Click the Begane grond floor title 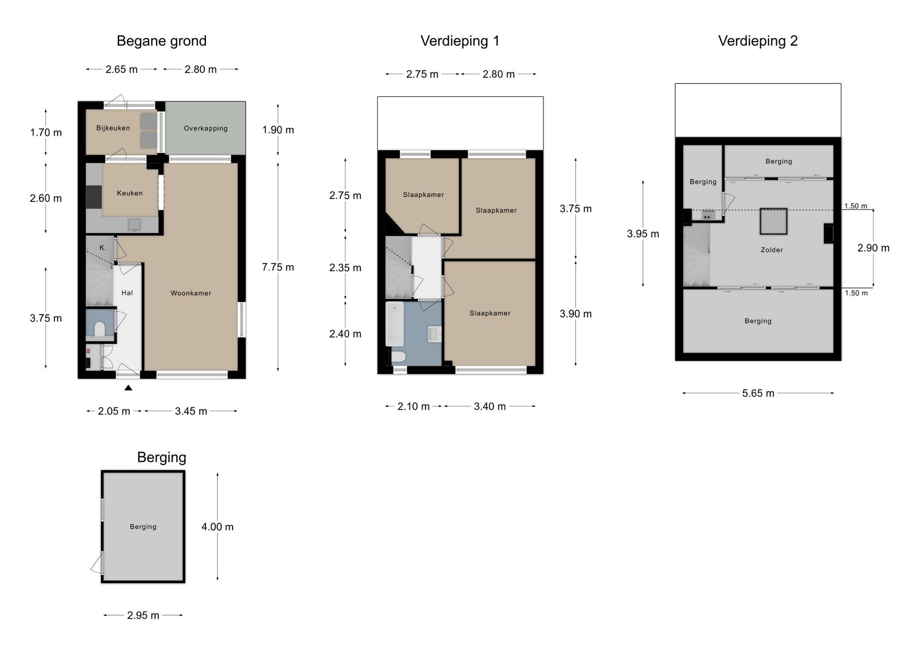161,41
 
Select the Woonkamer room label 191,293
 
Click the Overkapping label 205,128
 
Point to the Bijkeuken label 113,128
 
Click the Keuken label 130,193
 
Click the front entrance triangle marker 128,388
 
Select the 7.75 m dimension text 278,267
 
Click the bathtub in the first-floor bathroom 395,324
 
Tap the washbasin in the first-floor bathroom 434,334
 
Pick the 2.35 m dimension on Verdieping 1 345,268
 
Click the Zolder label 772,250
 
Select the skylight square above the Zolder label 773,221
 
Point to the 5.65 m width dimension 758,393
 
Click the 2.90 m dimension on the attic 873,248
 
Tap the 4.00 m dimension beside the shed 217,527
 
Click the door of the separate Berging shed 97,563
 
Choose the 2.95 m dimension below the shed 143,615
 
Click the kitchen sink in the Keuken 134,224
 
